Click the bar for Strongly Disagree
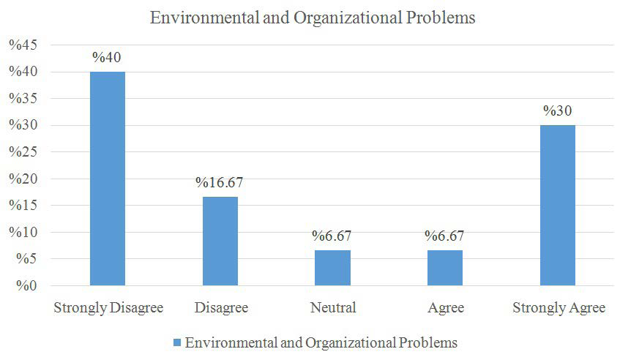point(108,179)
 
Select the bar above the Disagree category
point(220,241)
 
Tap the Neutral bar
point(333,268)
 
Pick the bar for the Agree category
point(445,268)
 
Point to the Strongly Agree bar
point(558,205)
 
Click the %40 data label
point(108,58)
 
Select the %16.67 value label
point(220,183)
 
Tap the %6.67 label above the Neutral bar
point(333,236)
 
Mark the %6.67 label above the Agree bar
point(445,236)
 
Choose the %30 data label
point(558,111)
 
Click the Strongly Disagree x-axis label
point(107,308)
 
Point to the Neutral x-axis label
point(333,308)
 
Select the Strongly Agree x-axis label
point(559,308)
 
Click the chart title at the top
point(313,18)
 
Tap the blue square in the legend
point(176,342)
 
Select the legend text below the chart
point(321,342)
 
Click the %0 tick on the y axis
point(25,286)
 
